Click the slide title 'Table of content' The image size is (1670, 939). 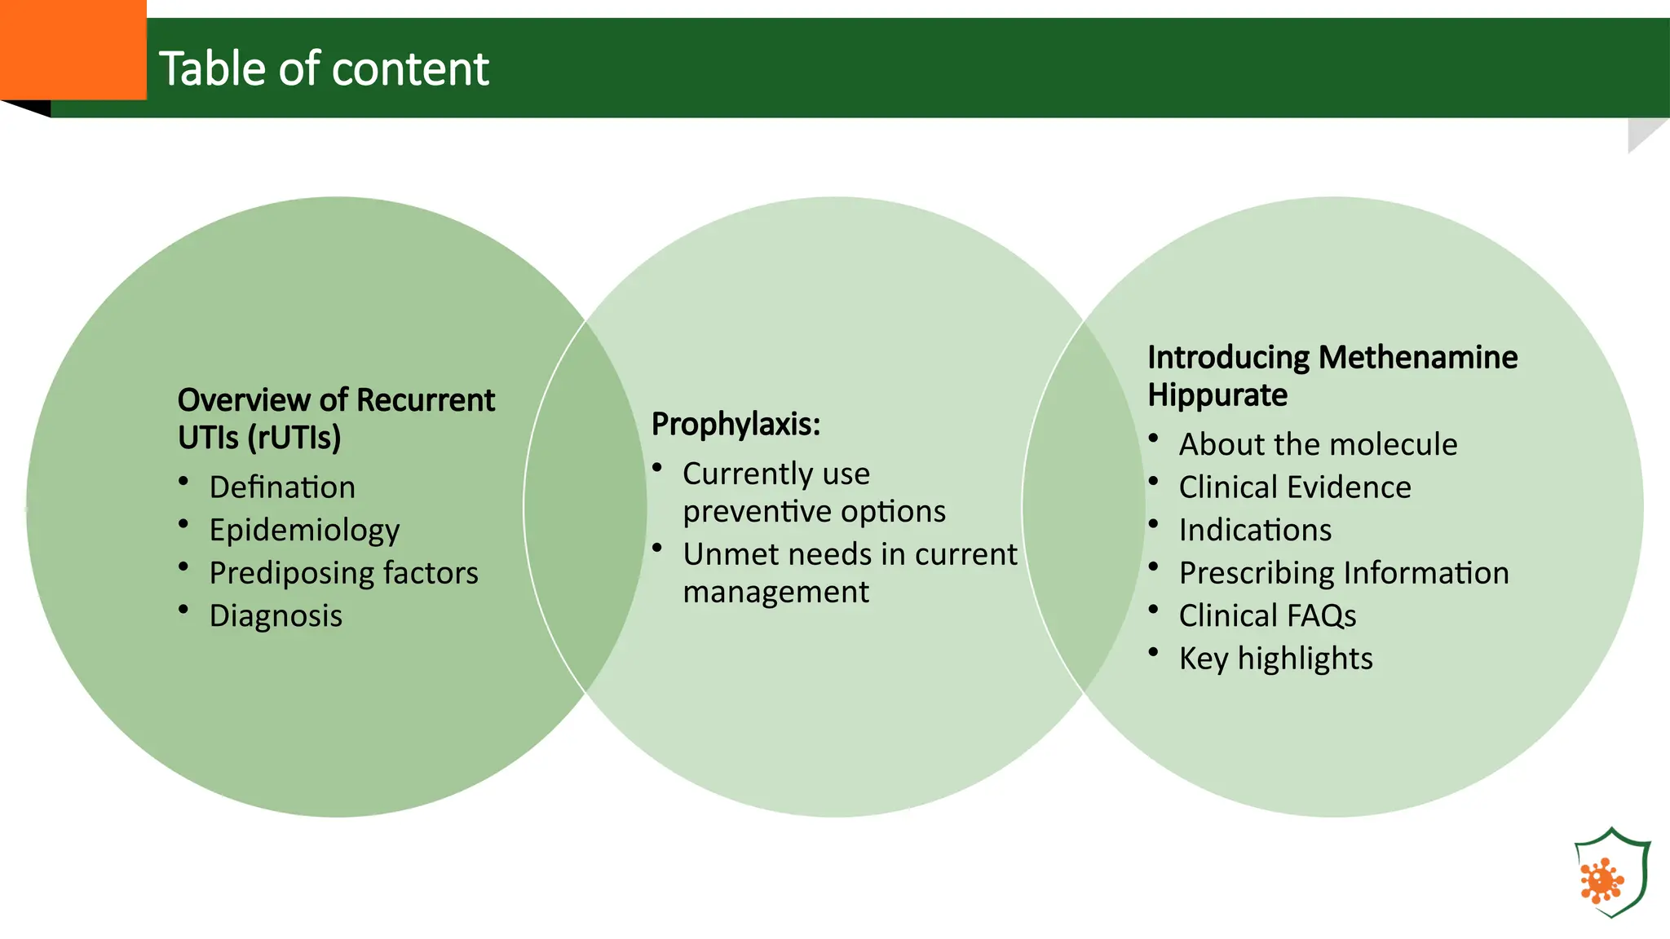324,68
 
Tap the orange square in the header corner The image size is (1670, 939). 73,50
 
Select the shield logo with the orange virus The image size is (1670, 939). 1611,873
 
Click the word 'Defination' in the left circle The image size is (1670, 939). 282,487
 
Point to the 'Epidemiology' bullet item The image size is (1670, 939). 304,531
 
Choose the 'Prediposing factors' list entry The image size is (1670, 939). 343,573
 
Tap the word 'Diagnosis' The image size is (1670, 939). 276,616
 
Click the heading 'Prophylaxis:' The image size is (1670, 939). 736,425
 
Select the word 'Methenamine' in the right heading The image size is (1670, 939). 1418,358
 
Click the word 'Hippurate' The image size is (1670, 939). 1217,395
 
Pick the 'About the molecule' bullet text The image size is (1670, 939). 1318,445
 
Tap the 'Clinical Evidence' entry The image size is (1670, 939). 1295,487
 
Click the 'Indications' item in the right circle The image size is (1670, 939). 1255,531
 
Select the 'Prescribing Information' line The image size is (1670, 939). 1344,573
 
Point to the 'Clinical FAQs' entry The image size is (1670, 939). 1267,616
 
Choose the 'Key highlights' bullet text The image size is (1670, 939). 1275,659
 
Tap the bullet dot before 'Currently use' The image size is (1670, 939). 657,467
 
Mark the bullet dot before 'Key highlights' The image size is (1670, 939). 1153,652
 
